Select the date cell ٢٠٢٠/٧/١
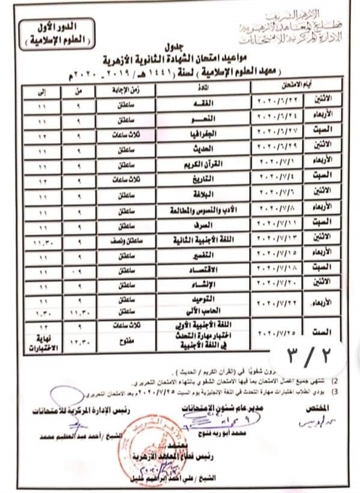pos(274,164)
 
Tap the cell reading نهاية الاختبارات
pos(43,341)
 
